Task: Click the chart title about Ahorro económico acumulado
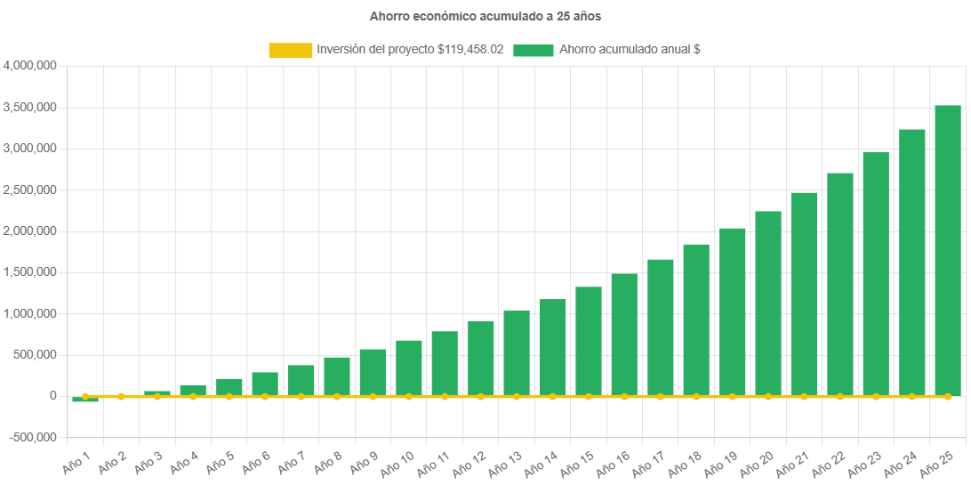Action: [485, 16]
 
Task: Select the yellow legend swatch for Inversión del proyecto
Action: [290, 50]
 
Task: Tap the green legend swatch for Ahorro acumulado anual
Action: [534, 50]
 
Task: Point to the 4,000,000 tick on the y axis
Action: [31, 66]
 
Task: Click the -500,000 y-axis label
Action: [32, 437]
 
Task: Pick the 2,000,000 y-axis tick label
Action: [31, 231]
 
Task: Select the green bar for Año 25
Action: [948, 250]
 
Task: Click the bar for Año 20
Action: [768, 303]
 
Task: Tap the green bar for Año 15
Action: [589, 341]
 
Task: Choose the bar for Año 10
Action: [409, 368]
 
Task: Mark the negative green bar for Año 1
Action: [85, 399]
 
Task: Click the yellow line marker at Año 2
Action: [121, 396]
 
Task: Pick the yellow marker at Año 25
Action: [948, 396]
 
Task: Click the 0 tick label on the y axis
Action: [53, 396]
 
